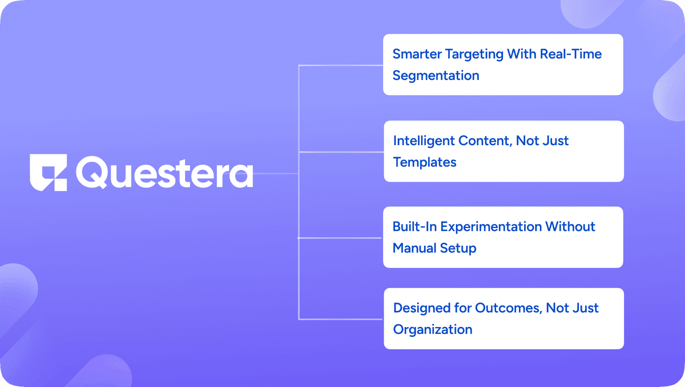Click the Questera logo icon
tap(49, 173)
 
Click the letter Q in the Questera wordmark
tap(91, 172)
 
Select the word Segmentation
tap(436, 76)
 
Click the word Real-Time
tap(571, 54)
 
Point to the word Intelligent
tap(424, 141)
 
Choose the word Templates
tap(425, 162)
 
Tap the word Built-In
tap(414, 226)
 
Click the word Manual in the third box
tap(414, 248)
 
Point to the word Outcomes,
tap(509, 308)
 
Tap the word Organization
tap(433, 330)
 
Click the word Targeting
tap(474, 54)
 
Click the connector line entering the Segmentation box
tap(341, 65)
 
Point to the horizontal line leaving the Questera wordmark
tap(276, 174)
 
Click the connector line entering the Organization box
tap(341, 320)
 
